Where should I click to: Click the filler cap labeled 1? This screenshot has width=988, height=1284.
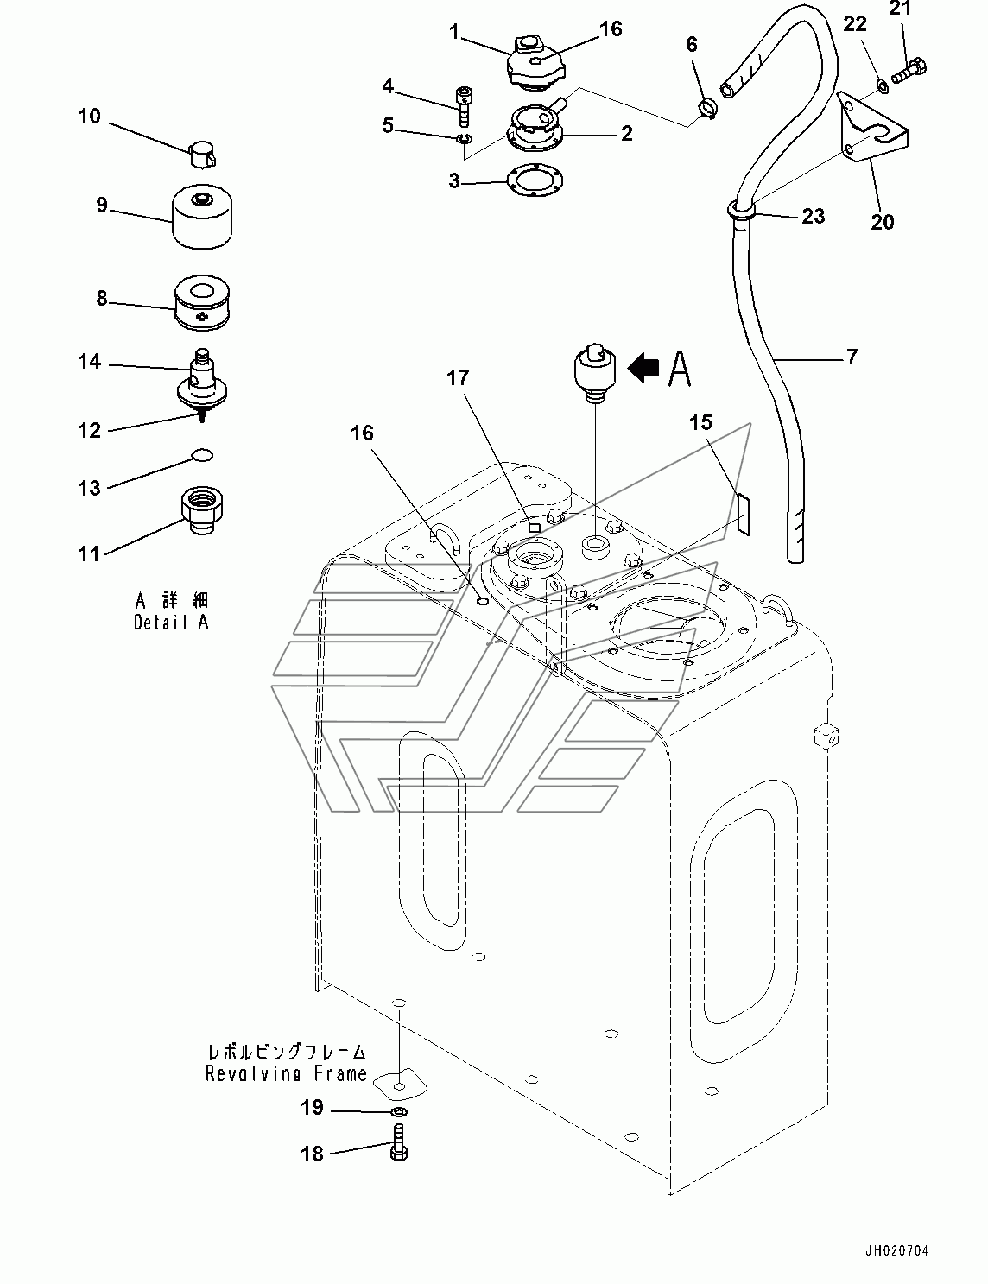pos(535,64)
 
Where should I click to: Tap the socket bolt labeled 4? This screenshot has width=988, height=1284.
pos(463,106)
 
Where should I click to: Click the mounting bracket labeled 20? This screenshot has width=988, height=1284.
pos(873,129)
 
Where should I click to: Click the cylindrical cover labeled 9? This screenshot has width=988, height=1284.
pos(202,219)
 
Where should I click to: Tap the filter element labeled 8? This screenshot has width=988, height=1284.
pos(202,303)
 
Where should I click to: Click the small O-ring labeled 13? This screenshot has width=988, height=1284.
pos(202,454)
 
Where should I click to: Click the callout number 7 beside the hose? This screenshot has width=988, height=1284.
pos(852,357)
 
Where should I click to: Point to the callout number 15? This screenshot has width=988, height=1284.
pos(700,422)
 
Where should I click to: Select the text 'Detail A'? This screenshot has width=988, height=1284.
pos(171,623)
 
